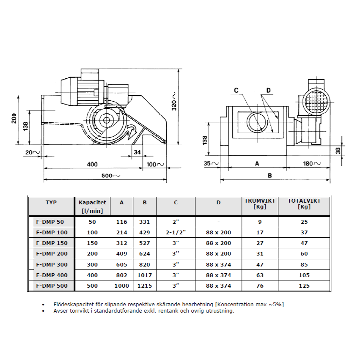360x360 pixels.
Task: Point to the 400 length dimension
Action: click(92, 164)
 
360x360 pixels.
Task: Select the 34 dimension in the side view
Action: click(137, 152)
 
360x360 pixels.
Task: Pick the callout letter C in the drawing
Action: click(236, 90)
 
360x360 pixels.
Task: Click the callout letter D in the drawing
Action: click(268, 90)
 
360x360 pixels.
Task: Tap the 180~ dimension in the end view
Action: click(313, 163)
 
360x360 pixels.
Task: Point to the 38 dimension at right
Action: click(349, 150)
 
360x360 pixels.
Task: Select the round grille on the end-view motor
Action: click(315, 101)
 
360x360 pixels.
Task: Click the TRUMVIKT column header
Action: click(260, 204)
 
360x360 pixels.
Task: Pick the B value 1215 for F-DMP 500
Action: click(144, 286)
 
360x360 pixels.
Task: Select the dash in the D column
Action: click(218, 222)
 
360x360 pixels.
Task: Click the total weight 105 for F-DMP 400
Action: click(304, 275)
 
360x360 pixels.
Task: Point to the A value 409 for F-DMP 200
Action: click(121, 254)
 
